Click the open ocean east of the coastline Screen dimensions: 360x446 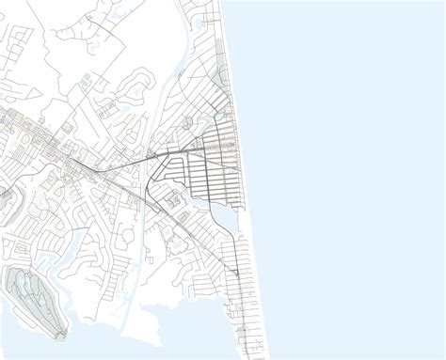[348, 169]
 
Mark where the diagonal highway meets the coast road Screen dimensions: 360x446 [235, 273]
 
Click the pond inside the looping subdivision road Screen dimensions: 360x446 [175, 201]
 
